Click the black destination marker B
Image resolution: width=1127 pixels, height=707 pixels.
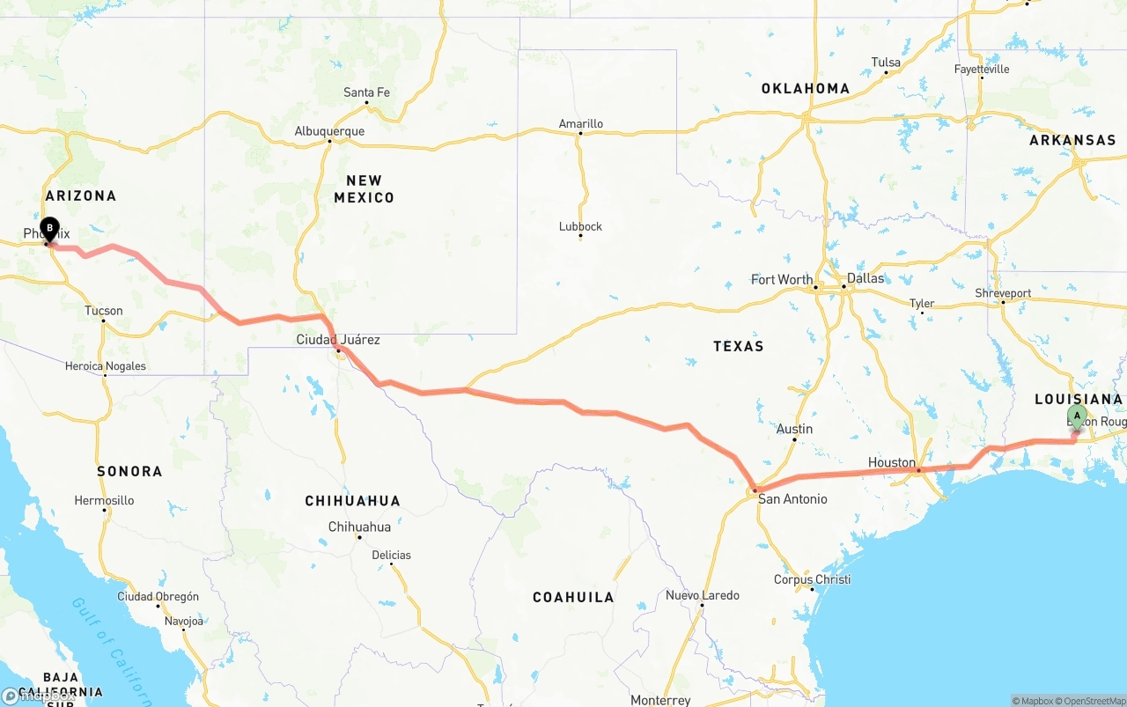click(x=49, y=229)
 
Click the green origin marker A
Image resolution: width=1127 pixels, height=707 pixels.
click(x=1076, y=416)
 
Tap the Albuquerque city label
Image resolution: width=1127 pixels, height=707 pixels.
click(x=329, y=132)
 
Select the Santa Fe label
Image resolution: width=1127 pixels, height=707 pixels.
click(x=366, y=92)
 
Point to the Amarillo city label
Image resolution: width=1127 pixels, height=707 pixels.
click(x=581, y=124)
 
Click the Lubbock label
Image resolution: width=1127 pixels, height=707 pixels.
click(x=580, y=226)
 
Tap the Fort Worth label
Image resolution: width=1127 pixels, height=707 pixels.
click(x=782, y=280)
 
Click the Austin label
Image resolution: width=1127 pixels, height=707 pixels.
click(x=795, y=429)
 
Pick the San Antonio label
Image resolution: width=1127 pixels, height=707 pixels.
click(x=792, y=499)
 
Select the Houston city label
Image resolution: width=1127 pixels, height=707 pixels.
click(x=892, y=462)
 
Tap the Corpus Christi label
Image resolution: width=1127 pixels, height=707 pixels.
click(x=812, y=579)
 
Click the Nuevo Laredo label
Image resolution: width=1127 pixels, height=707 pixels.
click(x=703, y=595)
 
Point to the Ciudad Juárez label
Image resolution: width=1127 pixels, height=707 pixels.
click(x=338, y=340)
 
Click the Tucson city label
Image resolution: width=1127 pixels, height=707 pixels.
click(x=104, y=311)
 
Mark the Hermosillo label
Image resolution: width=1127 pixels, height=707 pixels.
click(x=104, y=500)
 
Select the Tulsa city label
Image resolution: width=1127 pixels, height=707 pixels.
click(x=886, y=63)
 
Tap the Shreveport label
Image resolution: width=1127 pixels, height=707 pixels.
click(x=1003, y=293)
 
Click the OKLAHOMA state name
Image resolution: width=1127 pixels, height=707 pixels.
click(x=806, y=88)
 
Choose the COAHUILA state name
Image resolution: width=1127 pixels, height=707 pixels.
click(x=573, y=597)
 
